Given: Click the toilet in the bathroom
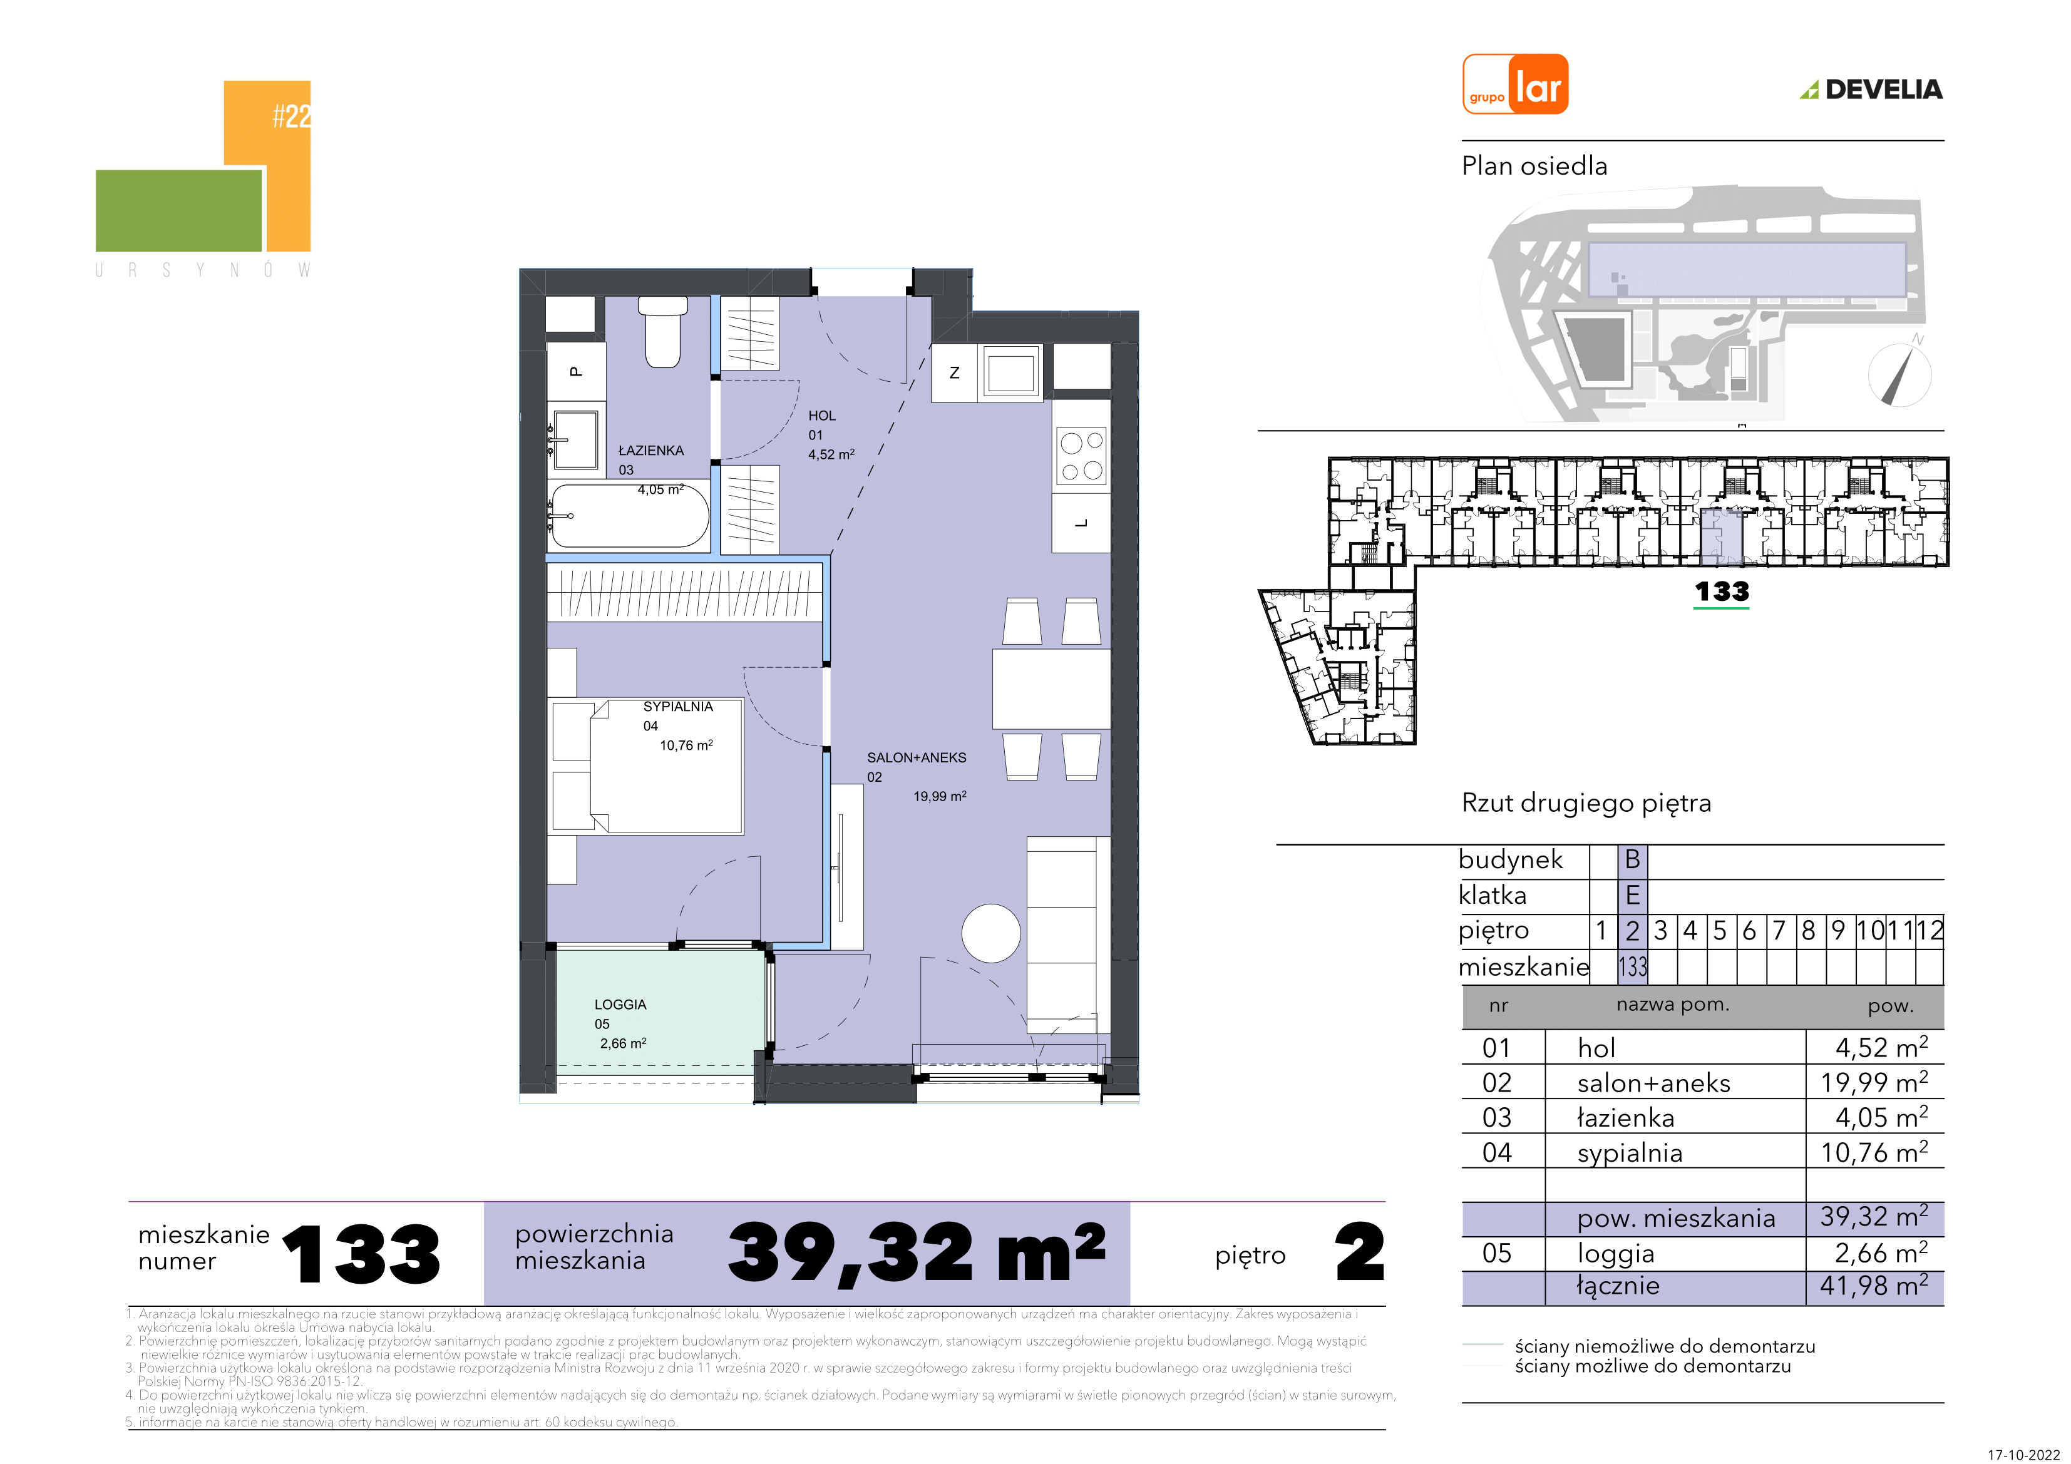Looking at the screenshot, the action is point(663,332).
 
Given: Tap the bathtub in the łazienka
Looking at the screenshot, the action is point(630,516).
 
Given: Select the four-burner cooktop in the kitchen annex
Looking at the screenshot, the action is point(1081,456).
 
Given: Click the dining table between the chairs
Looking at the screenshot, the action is point(1051,689).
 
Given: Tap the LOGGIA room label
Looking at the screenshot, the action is point(620,1005).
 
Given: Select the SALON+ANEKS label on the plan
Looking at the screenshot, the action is point(917,758).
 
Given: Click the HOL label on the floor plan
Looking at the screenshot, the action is point(822,416).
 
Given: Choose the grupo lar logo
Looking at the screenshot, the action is point(1515,84).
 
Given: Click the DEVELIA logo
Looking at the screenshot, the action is point(1872,90).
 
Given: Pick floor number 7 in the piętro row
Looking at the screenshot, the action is point(1779,930).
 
